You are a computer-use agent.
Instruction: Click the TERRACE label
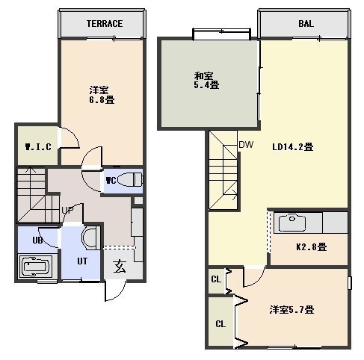[x=105, y=24]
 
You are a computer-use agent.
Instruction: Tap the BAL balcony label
[x=306, y=24]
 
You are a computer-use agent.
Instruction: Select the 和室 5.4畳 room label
[x=206, y=81]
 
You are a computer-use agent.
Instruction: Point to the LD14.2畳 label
[x=292, y=146]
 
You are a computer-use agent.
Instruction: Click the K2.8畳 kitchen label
[x=312, y=246]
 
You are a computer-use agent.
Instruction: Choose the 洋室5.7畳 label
[x=291, y=310]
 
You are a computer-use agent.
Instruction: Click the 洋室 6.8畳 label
[x=102, y=95]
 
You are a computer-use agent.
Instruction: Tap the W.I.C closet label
[x=38, y=146]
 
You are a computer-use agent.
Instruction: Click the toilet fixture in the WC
[x=129, y=179]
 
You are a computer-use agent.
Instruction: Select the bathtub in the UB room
[x=35, y=267]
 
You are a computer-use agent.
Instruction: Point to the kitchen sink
[x=292, y=222]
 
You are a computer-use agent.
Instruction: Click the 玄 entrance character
[x=120, y=266]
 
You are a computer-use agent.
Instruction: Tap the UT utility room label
[x=82, y=261]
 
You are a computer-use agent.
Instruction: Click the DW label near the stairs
[x=246, y=144]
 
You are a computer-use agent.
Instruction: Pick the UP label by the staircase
[x=67, y=211]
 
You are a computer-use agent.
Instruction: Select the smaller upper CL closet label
[x=216, y=279]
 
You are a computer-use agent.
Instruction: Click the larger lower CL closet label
[x=220, y=324]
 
